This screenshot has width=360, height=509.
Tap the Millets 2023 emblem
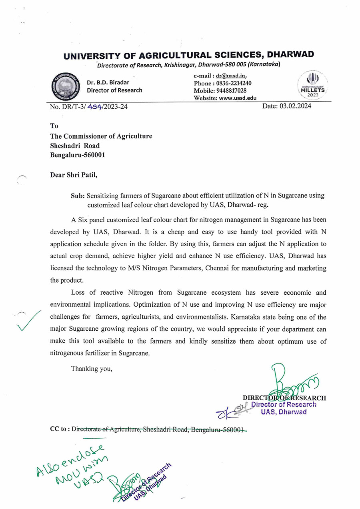[313, 85]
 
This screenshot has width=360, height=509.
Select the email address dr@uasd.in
[231, 76]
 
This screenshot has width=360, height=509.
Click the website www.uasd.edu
[237, 98]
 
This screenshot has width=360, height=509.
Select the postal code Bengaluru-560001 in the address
[78, 155]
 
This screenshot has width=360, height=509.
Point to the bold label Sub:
[78, 196]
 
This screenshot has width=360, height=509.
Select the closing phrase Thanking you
[92, 369]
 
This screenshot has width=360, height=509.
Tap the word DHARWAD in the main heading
[290, 55]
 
